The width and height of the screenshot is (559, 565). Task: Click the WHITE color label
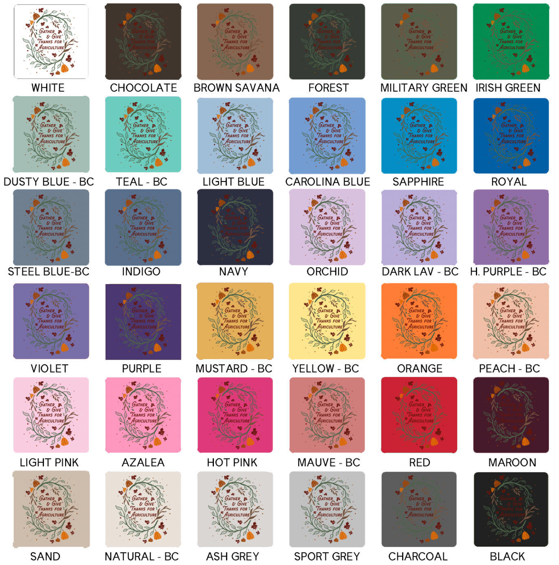[x=48, y=88]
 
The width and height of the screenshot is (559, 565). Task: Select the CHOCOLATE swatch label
[x=143, y=88]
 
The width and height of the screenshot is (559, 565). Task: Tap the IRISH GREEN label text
[x=508, y=88]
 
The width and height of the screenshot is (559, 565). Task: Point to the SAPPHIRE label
[x=418, y=182]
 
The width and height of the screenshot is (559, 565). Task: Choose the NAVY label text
[x=233, y=271]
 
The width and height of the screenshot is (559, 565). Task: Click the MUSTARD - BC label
[x=234, y=369]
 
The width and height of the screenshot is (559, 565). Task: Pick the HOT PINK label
[x=232, y=462]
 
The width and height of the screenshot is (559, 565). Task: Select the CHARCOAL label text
[x=418, y=556]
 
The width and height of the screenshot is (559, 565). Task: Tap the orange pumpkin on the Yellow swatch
[x=343, y=348]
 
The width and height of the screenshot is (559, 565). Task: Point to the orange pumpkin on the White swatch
[x=65, y=67]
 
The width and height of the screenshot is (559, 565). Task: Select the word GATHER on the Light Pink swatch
[x=47, y=404]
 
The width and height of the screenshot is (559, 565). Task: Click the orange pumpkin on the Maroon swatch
[x=526, y=441]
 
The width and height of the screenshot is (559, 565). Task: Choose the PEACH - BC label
[x=509, y=369]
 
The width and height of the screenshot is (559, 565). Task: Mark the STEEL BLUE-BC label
[x=48, y=271]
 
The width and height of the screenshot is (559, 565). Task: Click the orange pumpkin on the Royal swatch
[x=526, y=162]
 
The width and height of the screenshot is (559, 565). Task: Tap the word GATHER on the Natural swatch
[x=140, y=499]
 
